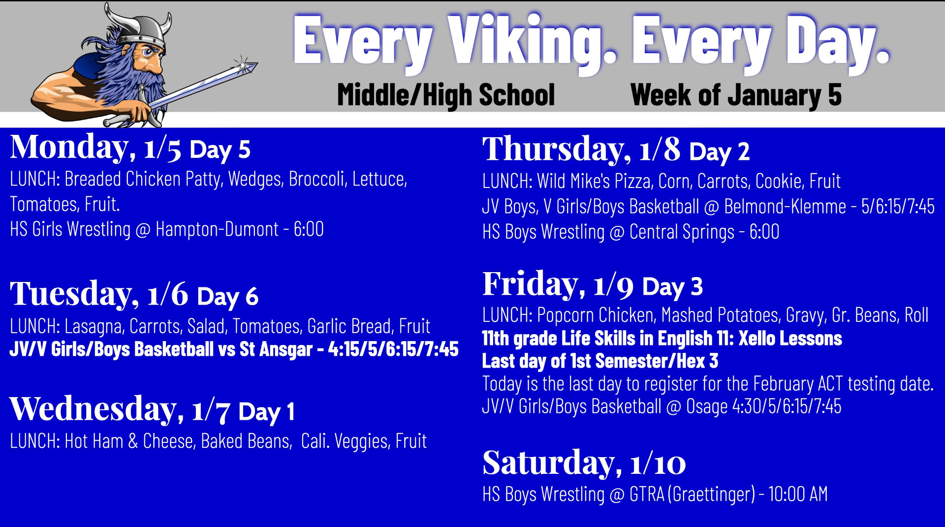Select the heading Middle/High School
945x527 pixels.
(x=446, y=95)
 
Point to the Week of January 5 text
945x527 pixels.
(x=736, y=95)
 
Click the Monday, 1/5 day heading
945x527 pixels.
(x=95, y=148)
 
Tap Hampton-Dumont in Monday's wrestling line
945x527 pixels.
(x=217, y=229)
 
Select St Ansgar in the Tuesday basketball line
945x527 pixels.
(x=276, y=349)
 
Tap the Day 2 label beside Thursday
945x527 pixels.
(x=719, y=152)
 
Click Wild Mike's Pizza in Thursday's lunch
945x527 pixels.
(x=594, y=182)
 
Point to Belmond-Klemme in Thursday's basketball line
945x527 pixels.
(x=785, y=207)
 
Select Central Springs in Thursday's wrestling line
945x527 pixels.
(x=682, y=232)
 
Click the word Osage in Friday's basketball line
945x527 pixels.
(x=707, y=406)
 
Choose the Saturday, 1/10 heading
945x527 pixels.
(x=584, y=463)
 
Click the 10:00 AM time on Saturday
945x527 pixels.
(x=798, y=494)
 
